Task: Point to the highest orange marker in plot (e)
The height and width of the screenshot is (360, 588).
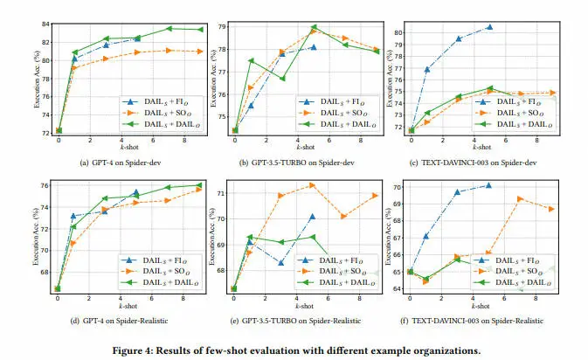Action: click(312, 185)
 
